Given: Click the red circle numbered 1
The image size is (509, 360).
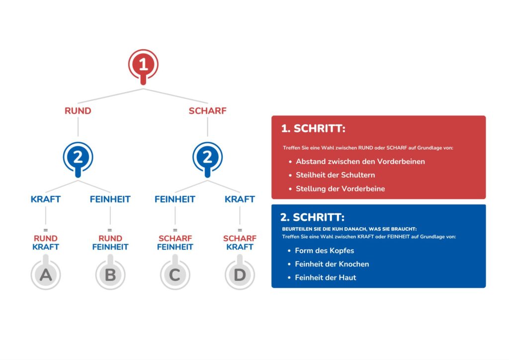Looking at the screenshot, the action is [143, 65].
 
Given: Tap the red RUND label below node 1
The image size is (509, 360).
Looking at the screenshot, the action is [78, 111].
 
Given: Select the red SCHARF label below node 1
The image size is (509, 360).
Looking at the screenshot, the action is [207, 111].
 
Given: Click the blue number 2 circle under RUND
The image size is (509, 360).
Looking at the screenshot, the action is [78, 157].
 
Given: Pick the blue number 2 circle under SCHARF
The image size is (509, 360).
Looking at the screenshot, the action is [207, 157].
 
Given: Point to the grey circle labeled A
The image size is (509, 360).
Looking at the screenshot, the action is [46, 274].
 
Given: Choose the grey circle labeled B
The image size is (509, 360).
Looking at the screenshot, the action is [110, 274].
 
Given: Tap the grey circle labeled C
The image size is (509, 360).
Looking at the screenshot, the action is [175, 274].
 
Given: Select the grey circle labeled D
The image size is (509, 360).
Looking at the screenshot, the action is [240, 274].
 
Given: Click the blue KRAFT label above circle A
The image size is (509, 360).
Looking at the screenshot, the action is [46, 199].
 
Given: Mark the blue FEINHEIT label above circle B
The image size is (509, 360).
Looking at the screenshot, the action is [110, 199].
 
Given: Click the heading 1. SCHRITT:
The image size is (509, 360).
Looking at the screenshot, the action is [313, 129].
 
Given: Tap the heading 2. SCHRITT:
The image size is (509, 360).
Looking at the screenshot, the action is [312, 217].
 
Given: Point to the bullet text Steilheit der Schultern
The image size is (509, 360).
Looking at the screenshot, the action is [336, 175].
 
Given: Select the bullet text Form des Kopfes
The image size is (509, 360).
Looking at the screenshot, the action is [324, 251].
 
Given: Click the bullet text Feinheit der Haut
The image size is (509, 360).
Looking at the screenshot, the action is [326, 277].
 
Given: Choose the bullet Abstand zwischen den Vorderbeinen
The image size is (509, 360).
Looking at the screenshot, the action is [360, 161].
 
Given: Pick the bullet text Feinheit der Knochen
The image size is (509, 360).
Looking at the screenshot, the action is [332, 264].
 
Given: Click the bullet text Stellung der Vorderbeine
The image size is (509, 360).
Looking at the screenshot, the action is [340, 188].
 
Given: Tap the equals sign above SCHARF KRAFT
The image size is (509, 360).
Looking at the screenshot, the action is [240, 230].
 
